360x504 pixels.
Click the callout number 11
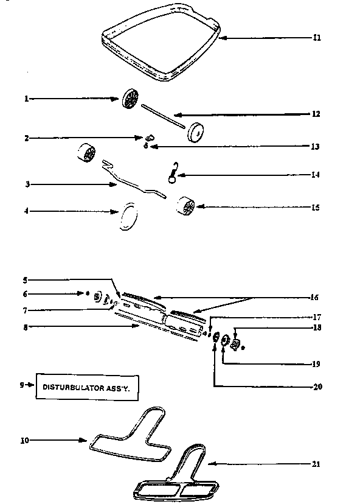point(316,38)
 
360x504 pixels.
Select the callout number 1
point(27,98)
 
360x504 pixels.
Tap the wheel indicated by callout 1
point(131,99)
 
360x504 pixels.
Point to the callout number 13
point(316,147)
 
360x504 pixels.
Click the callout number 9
point(22,385)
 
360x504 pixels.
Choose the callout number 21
point(316,464)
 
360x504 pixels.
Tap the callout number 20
point(316,386)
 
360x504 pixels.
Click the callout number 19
point(316,364)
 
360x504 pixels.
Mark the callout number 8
point(27,327)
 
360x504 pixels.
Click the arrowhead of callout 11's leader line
point(221,38)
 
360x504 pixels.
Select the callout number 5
point(27,280)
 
